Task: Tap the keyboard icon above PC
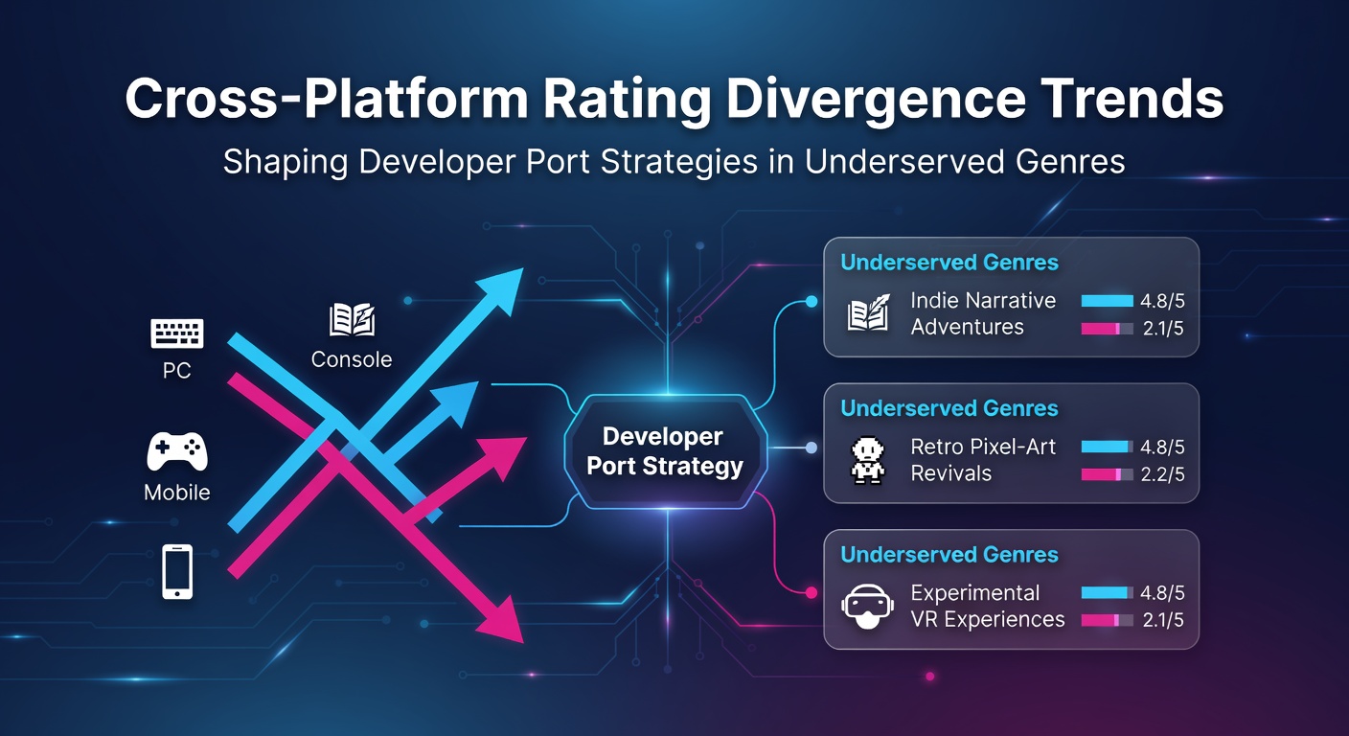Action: pyautogui.click(x=177, y=333)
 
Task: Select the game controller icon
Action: pyautogui.click(x=177, y=451)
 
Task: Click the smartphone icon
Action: pyautogui.click(x=177, y=571)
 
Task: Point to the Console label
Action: pyautogui.click(x=352, y=359)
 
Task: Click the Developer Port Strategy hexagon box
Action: pyautogui.click(x=666, y=451)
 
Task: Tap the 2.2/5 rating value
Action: pyautogui.click(x=1162, y=474)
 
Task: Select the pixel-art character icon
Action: pyautogui.click(x=868, y=460)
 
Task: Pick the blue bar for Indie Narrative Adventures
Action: pyautogui.click(x=1107, y=301)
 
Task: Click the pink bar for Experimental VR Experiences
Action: pyautogui.click(x=1100, y=620)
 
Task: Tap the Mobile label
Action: pyautogui.click(x=177, y=493)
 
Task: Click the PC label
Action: pyautogui.click(x=177, y=371)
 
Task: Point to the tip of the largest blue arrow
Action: pyautogui.click(x=523, y=269)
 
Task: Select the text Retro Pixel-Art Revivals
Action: pyautogui.click(x=983, y=460)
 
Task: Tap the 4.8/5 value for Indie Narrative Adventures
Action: pyautogui.click(x=1162, y=301)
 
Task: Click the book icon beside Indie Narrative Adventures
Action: pyautogui.click(x=868, y=312)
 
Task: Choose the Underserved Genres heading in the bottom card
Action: pyautogui.click(x=949, y=555)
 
